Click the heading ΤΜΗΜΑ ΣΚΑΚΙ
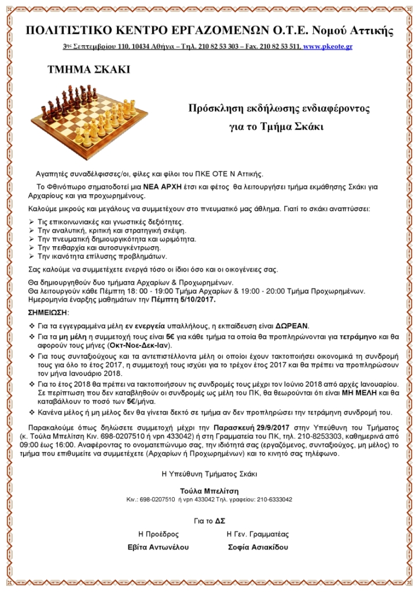89,71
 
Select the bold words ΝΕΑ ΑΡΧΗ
164,187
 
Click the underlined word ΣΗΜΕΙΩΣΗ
48,312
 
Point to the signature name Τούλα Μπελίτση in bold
209,490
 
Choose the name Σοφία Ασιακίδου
258,547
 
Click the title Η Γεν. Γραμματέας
258,534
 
